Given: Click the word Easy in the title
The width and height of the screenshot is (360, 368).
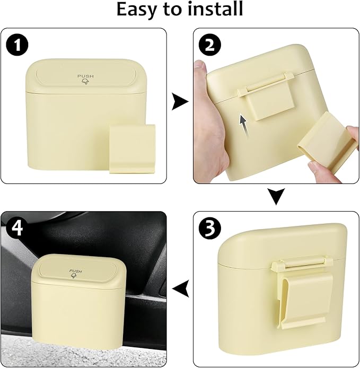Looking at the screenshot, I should [x=139, y=10].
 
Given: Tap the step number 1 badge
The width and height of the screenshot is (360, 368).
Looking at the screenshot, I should [x=20, y=45].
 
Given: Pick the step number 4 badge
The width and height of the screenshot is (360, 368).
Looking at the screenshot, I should [x=17, y=229].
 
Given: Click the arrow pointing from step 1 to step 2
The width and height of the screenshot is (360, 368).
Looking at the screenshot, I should [x=180, y=102].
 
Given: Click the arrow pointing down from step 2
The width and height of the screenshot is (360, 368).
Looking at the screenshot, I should [x=276, y=197].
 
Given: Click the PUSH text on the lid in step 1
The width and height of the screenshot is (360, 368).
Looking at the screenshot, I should [x=85, y=76].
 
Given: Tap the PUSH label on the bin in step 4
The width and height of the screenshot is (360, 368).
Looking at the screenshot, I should [x=76, y=271].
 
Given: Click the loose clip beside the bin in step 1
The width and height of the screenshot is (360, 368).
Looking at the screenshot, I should [x=132, y=148].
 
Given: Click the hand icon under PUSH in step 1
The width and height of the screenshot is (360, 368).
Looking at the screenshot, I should [x=85, y=84].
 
